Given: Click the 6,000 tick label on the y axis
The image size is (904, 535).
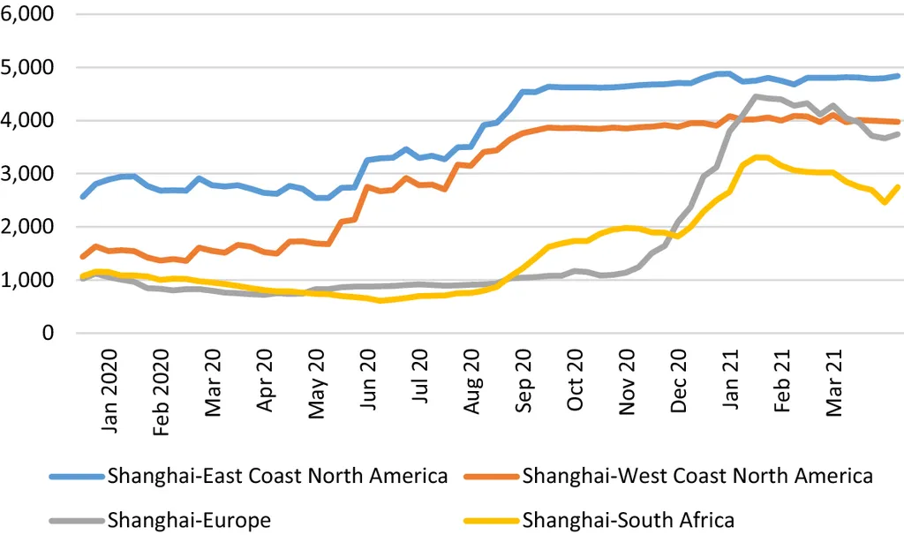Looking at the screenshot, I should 30,15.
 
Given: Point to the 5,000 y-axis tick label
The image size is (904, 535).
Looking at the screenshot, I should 30,68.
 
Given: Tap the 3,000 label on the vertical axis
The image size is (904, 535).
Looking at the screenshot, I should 30,174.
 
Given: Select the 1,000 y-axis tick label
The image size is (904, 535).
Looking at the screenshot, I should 30,281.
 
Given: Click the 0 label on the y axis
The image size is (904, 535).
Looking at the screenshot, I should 48,334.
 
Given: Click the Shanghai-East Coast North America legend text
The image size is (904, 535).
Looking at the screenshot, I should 277,477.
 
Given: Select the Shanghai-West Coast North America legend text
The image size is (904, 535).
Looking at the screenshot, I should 697,477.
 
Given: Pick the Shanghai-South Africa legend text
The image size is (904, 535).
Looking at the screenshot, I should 629,520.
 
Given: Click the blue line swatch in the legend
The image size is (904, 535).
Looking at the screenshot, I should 77,478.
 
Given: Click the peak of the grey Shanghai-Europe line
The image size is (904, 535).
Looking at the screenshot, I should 757,96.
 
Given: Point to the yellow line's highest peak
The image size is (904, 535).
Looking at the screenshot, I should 759,157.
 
